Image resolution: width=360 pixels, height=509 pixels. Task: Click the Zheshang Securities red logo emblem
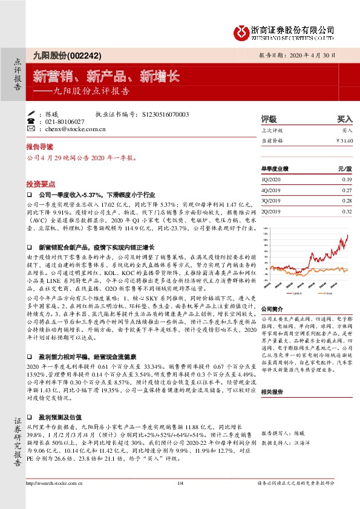(242, 30)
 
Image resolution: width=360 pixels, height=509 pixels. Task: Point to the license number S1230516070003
(165, 114)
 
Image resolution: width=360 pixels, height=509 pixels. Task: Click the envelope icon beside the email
(31, 129)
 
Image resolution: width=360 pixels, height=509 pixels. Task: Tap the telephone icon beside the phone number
(31, 122)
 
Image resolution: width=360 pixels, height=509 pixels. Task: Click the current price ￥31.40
(343, 140)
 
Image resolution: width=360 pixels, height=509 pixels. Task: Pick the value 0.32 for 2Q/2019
(346, 212)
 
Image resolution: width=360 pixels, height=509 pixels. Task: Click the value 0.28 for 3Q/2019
(346, 201)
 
